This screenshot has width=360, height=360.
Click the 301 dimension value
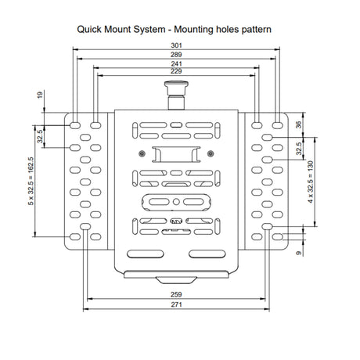coord(176,45)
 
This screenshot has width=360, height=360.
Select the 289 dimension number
coord(176,55)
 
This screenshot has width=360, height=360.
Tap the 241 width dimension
coord(176,63)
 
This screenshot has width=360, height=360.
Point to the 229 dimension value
coord(176,71)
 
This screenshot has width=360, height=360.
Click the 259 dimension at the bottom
coord(176,294)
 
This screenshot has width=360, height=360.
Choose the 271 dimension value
coord(176,304)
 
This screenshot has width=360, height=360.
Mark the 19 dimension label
coord(40,95)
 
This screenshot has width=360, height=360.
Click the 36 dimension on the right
coord(299,124)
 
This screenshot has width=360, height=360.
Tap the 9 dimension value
coord(299,253)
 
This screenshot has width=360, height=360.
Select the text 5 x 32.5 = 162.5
coord(31,181)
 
